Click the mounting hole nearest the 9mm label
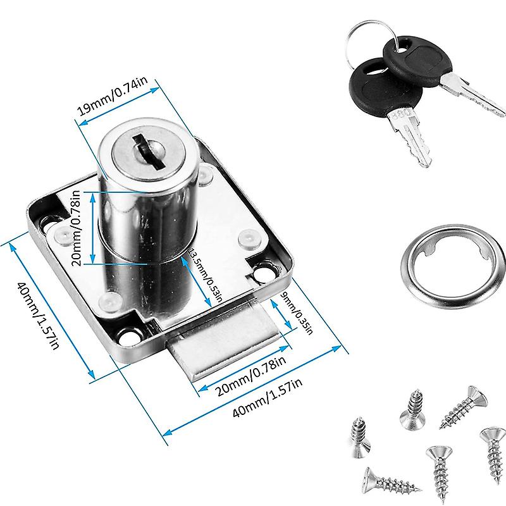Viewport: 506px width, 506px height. (x=261, y=273)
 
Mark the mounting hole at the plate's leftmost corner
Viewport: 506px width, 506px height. (x=48, y=221)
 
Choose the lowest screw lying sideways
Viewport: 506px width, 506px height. (x=390, y=483)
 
